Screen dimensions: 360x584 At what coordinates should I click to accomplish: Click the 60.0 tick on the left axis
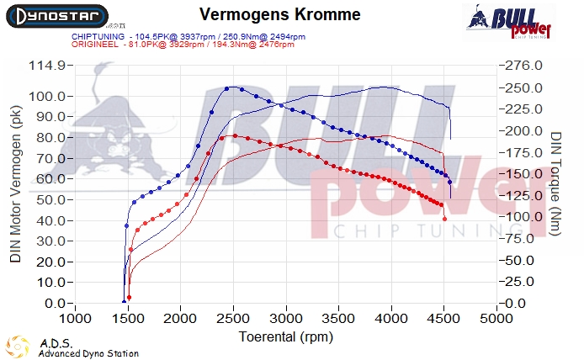(50, 178)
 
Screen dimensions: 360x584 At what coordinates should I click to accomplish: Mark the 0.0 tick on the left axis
(56, 303)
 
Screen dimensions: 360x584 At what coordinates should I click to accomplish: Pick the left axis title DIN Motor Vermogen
(15, 184)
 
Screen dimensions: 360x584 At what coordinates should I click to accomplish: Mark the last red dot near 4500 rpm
(444, 219)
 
